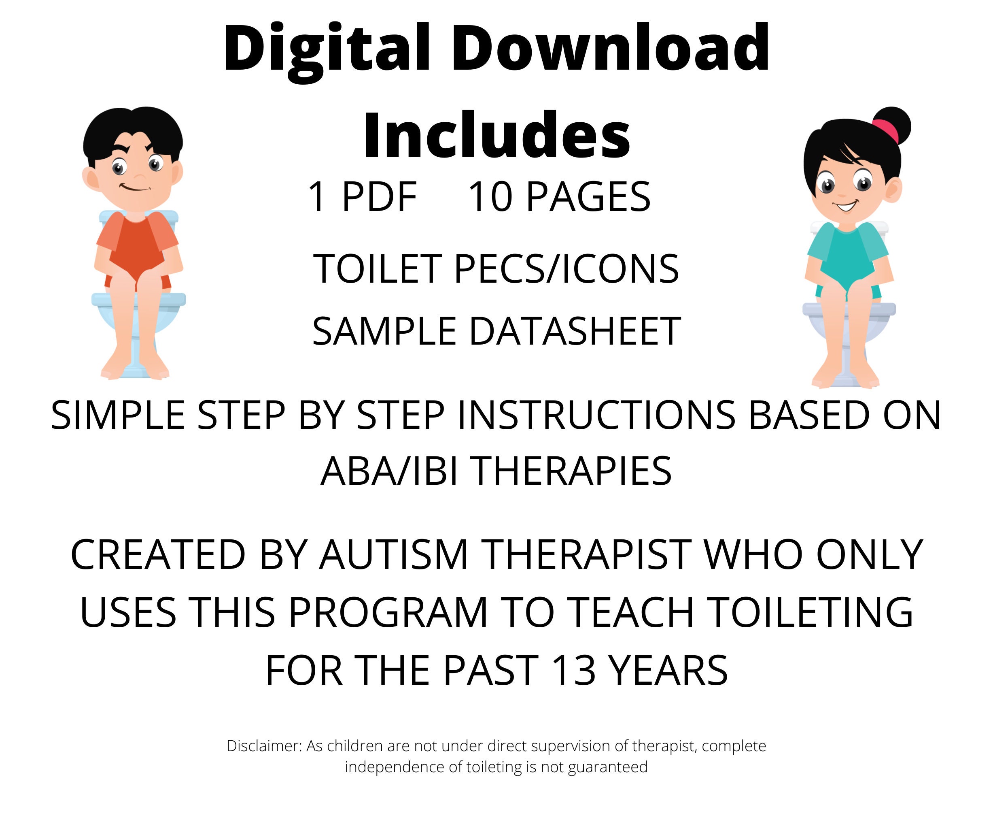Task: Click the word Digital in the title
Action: pos(326,49)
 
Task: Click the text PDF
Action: pos(379,196)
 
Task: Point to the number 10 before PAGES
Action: pos(490,196)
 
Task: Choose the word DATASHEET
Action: pos(575,331)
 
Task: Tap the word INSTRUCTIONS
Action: pos(596,415)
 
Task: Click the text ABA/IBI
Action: pos(389,471)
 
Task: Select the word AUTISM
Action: pos(394,555)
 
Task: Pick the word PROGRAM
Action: pos(388,613)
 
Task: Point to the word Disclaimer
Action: pos(264,746)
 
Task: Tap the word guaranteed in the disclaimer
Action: pos(607,767)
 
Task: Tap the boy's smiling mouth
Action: pos(135,188)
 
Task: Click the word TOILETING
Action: pos(810,613)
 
